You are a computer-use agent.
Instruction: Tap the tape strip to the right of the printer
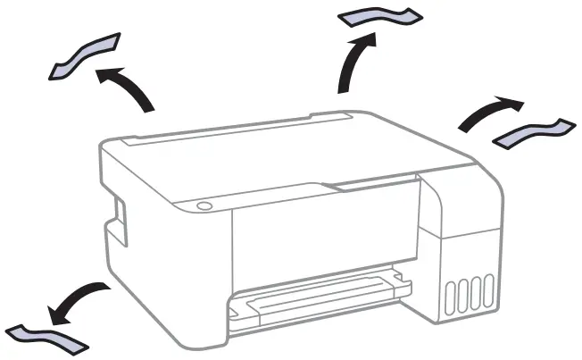[532, 131]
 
